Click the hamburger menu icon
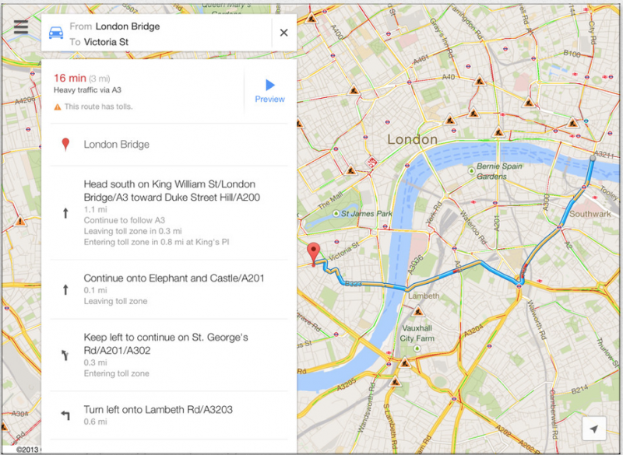pos(20,26)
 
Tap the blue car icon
pos(56,33)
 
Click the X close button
pos(283,33)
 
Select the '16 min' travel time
pos(69,78)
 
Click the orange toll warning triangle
pos(57,107)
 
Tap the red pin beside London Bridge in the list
pos(65,145)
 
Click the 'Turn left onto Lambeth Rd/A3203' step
pos(158,410)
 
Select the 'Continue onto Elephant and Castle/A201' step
pos(174,278)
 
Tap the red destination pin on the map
pos(314,253)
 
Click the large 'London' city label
pos(412,140)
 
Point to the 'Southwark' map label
pos(590,214)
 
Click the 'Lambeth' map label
pos(424,296)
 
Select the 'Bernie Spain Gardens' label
pos(497,171)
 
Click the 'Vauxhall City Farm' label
pos(417,334)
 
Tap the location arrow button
pos(593,429)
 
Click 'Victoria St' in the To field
pos(106,42)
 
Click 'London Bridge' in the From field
pos(128,26)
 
